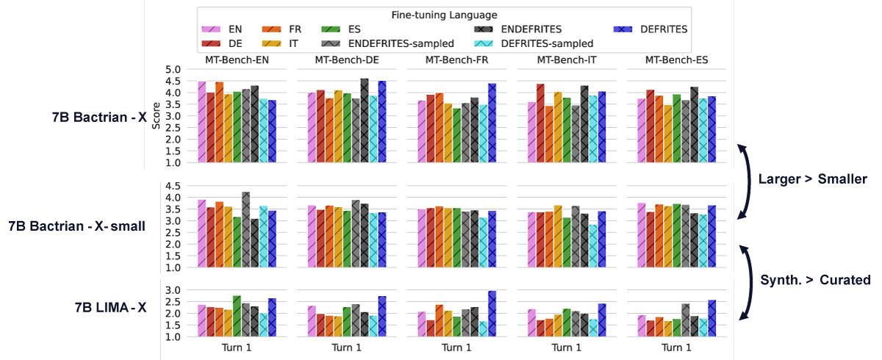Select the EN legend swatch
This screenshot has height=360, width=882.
(x=212, y=29)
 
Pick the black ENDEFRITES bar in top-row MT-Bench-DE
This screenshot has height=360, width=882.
(x=365, y=120)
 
